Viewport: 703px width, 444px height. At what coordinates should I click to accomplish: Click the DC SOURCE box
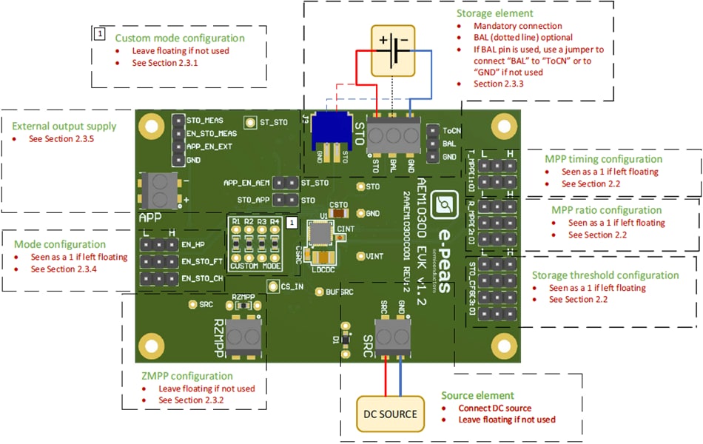tap(389, 413)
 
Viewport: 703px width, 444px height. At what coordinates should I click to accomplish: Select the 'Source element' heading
tap(477, 395)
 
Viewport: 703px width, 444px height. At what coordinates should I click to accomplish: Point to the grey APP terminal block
tap(156, 191)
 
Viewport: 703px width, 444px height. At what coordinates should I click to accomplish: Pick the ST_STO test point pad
tap(250, 123)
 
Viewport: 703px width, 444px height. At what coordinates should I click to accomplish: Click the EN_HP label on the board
tap(192, 243)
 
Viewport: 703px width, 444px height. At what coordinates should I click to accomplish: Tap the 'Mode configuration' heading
tap(60, 244)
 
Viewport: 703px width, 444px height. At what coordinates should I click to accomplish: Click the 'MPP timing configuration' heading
tap(604, 158)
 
